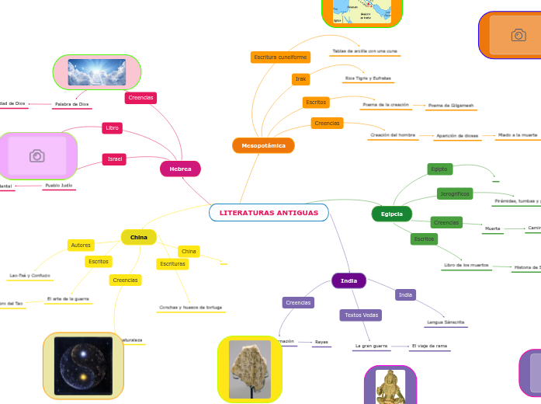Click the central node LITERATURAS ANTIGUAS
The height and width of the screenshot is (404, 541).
(x=269, y=212)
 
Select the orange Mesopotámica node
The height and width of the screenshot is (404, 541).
(x=263, y=145)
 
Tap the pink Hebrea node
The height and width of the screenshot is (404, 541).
(x=180, y=169)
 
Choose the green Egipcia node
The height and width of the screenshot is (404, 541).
(x=392, y=214)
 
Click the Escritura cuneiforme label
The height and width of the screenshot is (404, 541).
(x=280, y=57)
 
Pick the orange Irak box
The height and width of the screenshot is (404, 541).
(x=300, y=79)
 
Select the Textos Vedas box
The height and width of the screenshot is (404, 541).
(x=361, y=315)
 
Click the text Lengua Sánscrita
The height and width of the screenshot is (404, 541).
(x=445, y=322)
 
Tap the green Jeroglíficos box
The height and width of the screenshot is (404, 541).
(x=455, y=193)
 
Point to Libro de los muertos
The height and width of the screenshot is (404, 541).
(x=466, y=265)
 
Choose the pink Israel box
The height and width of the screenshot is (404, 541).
(x=115, y=159)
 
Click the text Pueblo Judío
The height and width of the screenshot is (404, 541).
(x=58, y=186)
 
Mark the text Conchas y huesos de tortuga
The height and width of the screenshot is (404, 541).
(x=190, y=308)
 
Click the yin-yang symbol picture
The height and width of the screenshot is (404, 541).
(x=83, y=365)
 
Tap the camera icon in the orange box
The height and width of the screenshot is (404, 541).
(x=518, y=35)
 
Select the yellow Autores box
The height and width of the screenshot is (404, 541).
(x=81, y=245)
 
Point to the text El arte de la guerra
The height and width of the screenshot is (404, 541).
(x=68, y=298)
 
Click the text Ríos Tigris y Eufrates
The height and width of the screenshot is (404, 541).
(x=368, y=78)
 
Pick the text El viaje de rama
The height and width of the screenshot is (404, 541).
(x=429, y=345)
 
